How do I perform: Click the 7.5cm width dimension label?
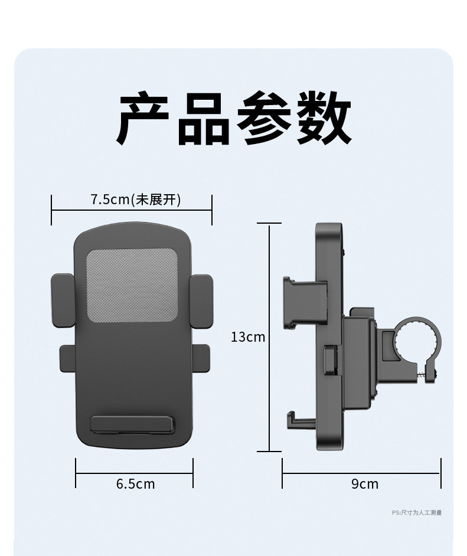[x=110, y=199]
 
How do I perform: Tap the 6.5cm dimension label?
[x=135, y=484]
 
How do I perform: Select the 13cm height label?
[x=248, y=337]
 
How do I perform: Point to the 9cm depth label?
[x=364, y=484]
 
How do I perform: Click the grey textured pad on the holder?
[x=132, y=284]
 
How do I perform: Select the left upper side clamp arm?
[x=63, y=300]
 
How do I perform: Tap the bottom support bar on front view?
[x=133, y=424]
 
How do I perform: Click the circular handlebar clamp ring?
[x=418, y=339]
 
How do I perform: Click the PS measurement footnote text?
[x=417, y=513]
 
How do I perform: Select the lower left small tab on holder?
[x=67, y=358]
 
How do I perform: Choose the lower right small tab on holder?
[x=201, y=358]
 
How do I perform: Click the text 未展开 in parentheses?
[x=157, y=199]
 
